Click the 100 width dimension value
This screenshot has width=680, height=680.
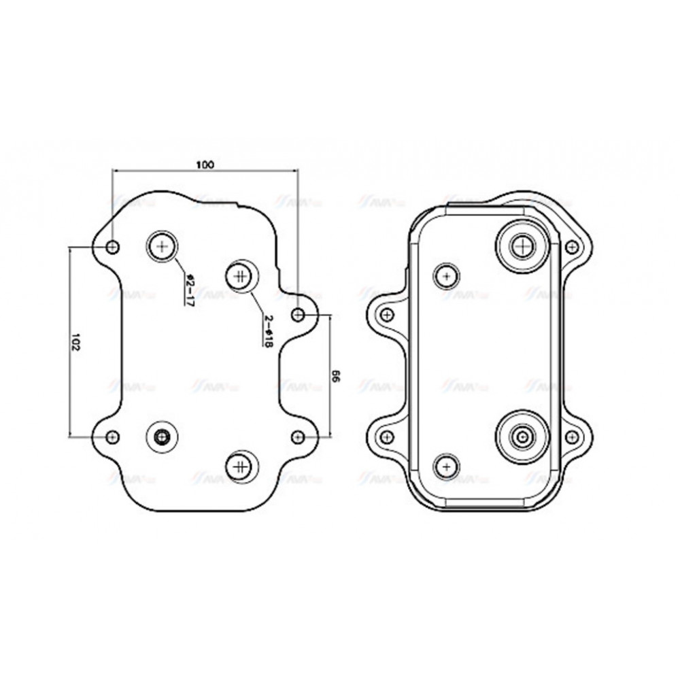pos(205,165)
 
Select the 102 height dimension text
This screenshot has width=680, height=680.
pos(75,342)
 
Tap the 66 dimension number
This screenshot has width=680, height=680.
pos(335,376)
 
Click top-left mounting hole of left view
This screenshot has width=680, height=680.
pos(113,247)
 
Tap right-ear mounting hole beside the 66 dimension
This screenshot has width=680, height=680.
pos(299,314)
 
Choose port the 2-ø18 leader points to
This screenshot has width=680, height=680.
pos(240,275)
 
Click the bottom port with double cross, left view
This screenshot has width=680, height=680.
pos(240,466)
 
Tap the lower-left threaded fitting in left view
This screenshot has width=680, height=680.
pos(162,437)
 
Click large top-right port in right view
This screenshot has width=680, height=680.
pos(522,246)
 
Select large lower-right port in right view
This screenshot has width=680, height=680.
pos(522,437)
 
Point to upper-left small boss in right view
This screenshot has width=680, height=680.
pos(446,275)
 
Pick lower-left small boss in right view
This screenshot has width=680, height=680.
pos(446,466)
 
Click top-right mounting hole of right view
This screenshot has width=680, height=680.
pos(573,247)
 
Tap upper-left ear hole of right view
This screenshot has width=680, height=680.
pos(386,314)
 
